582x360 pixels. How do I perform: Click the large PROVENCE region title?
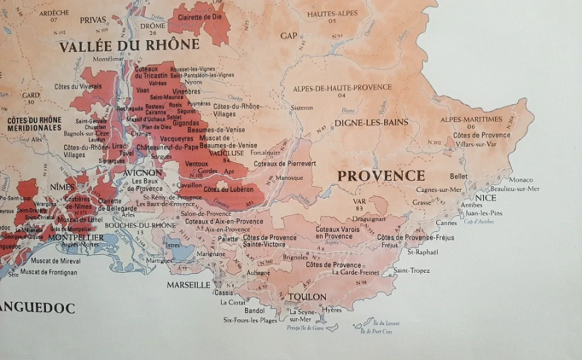tap(381, 176)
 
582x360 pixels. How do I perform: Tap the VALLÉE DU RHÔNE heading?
tap(129, 45)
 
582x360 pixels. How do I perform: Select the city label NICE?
tap(485, 198)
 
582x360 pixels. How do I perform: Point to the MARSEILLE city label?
tap(188, 285)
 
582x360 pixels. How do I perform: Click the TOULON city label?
tap(307, 297)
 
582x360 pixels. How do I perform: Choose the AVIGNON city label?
tap(143, 173)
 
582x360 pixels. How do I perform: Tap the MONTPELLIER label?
tap(76, 237)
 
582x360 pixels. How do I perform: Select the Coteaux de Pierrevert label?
tap(285, 164)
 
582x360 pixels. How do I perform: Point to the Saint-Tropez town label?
tap(411, 270)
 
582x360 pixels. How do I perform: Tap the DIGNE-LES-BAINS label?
tap(370, 123)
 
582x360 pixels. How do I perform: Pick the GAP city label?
tap(289, 36)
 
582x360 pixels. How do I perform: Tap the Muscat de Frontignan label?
tap(49, 272)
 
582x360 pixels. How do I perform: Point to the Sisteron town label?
tap(301, 108)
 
